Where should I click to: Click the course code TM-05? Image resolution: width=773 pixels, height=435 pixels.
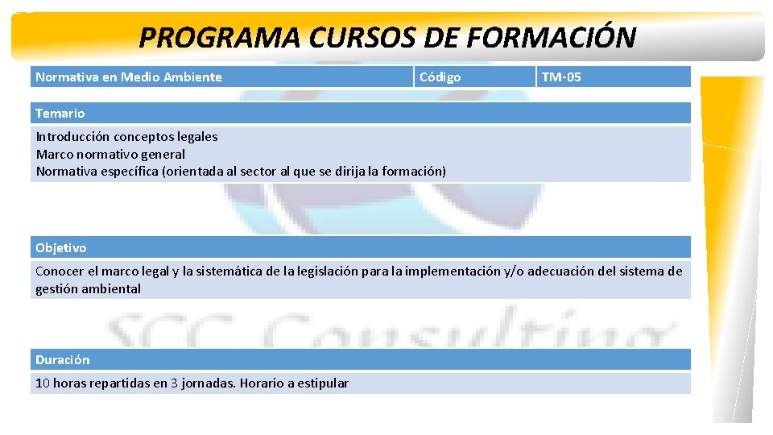pyautogui.click(x=561, y=77)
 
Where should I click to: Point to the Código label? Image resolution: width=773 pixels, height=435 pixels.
pyautogui.click(x=440, y=77)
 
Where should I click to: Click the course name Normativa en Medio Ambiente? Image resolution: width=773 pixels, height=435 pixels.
pyautogui.click(x=129, y=77)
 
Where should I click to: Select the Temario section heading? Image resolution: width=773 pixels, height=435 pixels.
pyautogui.click(x=60, y=114)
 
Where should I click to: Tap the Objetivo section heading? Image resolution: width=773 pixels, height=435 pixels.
pyautogui.click(x=61, y=247)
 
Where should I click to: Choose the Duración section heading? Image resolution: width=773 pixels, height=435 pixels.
pyautogui.click(x=63, y=359)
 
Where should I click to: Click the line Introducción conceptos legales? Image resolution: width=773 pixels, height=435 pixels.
pyautogui.click(x=126, y=136)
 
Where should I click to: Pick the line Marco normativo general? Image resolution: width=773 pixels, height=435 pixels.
pyautogui.click(x=110, y=154)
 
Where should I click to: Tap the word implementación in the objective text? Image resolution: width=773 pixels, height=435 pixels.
pyautogui.click(x=452, y=271)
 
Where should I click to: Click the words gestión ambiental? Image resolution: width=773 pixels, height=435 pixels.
pyautogui.click(x=88, y=288)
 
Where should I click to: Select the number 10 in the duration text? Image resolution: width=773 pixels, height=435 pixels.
pyautogui.click(x=42, y=383)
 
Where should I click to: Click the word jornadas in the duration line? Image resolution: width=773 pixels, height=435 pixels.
pyautogui.click(x=208, y=383)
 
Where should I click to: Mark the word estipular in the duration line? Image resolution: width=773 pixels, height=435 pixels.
pyautogui.click(x=323, y=383)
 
